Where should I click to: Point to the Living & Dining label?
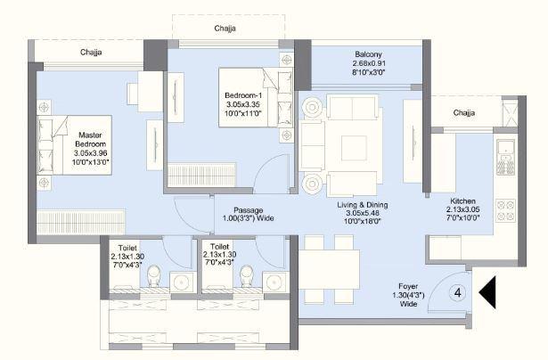pyautogui.click(x=362, y=214)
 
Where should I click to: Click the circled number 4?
pyautogui.click(x=458, y=292)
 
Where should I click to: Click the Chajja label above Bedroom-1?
pyautogui.click(x=225, y=29)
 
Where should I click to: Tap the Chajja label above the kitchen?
pyautogui.click(x=463, y=113)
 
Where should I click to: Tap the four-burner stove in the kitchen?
pyautogui.click(x=506, y=211)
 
